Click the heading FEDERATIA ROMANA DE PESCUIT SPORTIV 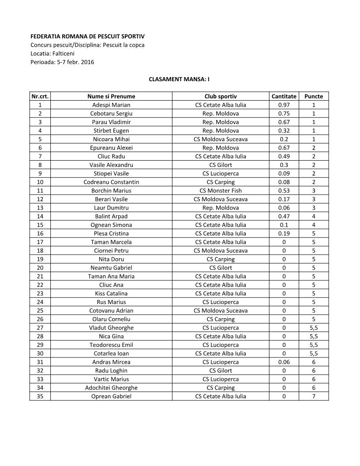(87, 36)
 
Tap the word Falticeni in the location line (65, 53)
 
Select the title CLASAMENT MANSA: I (179, 79)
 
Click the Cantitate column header (284, 96)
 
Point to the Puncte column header (314, 96)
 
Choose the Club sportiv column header (221, 96)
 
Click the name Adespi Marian (111, 105)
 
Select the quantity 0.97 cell (284, 105)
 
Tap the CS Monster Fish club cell (221, 191)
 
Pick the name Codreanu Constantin (111, 182)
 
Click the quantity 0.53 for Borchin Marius (284, 191)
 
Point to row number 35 (40, 396)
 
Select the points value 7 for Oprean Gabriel (314, 396)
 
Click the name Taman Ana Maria (111, 276)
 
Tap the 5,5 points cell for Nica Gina (314, 336)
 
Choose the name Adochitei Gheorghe (111, 388)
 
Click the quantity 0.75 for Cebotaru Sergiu (284, 113)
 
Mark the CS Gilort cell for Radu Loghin (221, 371)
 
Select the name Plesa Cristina (111, 233)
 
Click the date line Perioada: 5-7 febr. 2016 (62, 62)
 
